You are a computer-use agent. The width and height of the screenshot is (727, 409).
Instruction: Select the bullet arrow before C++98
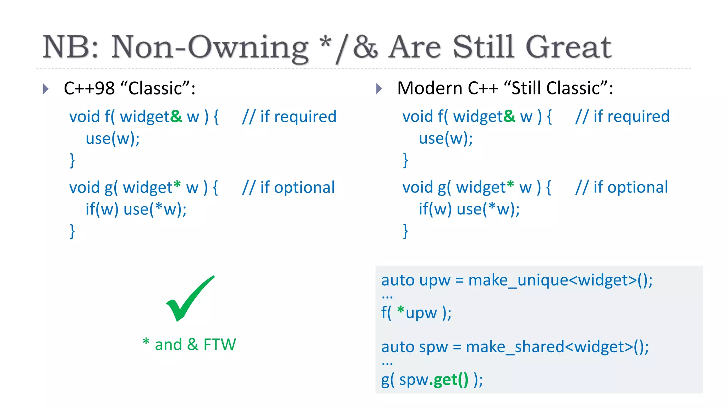[45, 89]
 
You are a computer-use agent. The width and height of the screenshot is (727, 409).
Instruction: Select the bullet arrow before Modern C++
[379, 89]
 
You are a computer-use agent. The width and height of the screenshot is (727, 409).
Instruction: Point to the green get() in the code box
[449, 380]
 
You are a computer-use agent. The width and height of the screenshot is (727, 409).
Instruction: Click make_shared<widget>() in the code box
[557, 347]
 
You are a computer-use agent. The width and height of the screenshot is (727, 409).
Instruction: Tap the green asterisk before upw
[401, 311]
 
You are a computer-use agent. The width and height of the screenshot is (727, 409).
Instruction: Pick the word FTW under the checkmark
[219, 344]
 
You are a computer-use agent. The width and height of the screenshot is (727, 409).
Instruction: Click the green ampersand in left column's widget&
[176, 116]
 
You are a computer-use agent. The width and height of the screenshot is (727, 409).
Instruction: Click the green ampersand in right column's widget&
[509, 116]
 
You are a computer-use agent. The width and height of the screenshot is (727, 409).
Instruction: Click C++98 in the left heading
[89, 88]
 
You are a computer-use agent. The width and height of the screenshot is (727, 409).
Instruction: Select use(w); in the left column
[113, 138]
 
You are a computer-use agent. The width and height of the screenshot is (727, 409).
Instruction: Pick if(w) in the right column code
[435, 209]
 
